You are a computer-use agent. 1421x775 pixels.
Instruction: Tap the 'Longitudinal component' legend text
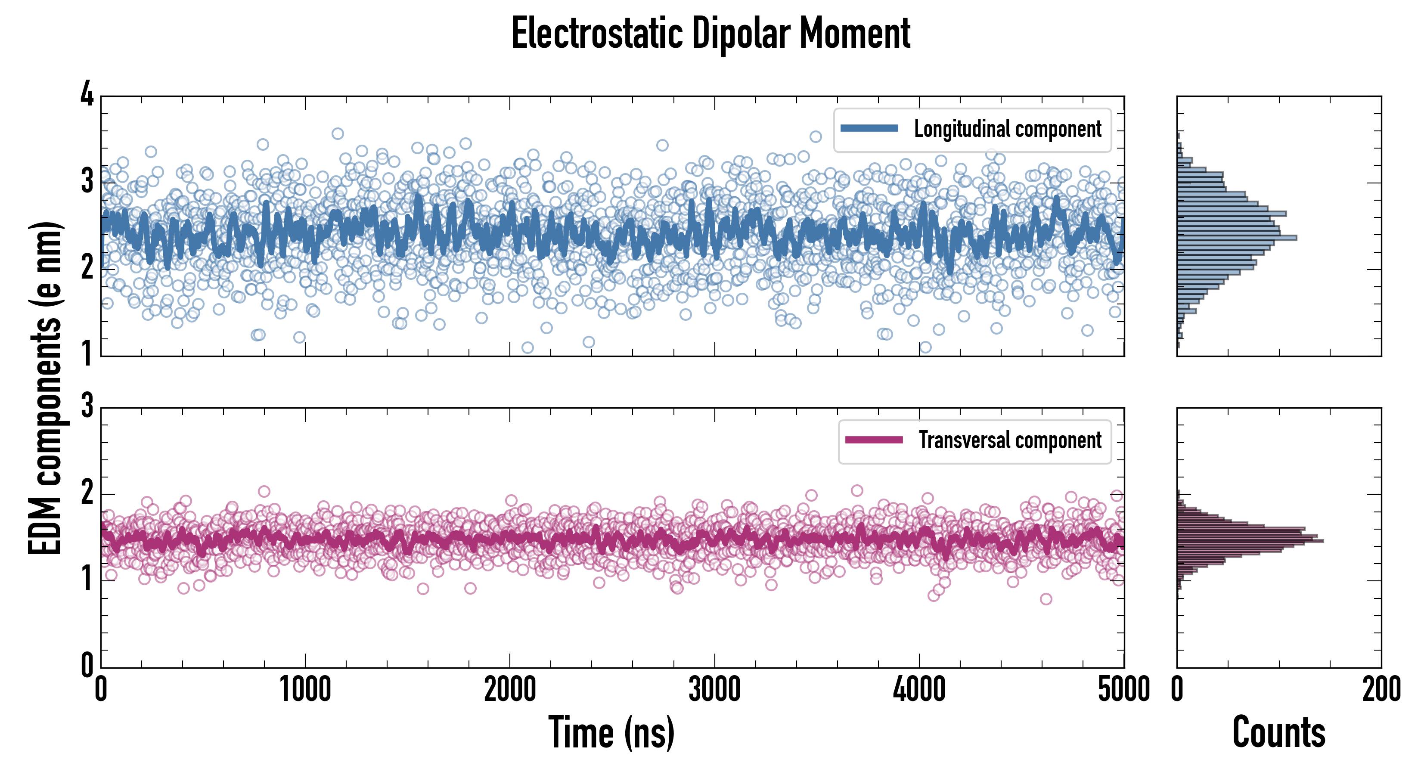(1007, 129)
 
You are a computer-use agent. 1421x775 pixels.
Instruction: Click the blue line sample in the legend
(869, 129)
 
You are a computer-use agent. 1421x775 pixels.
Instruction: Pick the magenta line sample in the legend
(874, 440)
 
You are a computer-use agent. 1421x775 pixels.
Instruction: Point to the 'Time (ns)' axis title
(611, 732)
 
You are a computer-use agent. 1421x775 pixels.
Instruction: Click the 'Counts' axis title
(1278, 732)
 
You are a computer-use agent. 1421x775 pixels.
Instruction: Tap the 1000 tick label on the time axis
(305, 689)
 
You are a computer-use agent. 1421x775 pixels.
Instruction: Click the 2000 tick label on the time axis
(510, 689)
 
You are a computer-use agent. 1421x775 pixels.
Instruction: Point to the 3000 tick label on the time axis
(714, 689)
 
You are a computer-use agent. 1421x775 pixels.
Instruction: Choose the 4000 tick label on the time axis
(919, 689)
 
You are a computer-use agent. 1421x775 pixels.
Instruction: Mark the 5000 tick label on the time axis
(1124, 689)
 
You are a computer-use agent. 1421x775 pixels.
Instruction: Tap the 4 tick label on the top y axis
(87, 95)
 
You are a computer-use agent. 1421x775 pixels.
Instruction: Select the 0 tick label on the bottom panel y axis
(87, 665)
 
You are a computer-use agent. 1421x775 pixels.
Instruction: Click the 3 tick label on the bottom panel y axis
(87, 406)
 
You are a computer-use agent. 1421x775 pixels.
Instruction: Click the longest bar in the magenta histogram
(1250, 541)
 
